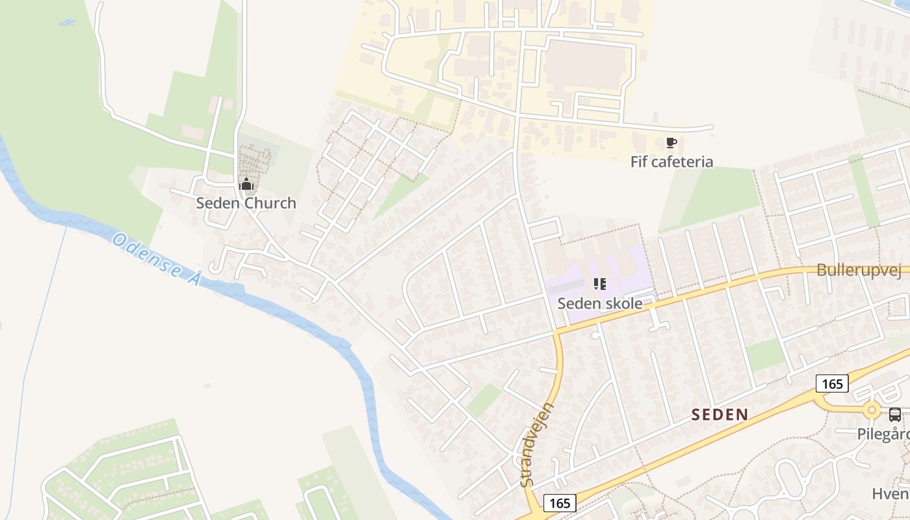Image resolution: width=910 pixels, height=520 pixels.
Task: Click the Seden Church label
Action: tap(246, 203)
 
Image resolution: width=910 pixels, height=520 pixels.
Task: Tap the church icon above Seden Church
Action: tap(246, 185)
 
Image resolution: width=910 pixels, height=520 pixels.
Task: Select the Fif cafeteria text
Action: tap(671, 161)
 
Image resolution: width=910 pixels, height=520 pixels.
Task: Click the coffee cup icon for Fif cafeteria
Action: tap(671, 143)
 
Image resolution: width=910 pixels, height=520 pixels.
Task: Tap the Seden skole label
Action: tap(599, 303)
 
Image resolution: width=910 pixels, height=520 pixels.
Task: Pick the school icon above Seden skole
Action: tap(599, 284)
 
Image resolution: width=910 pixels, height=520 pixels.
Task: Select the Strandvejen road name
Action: tap(537, 445)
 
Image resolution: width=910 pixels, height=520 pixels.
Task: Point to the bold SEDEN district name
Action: tap(720, 414)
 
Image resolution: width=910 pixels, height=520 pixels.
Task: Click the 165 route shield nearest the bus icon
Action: tap(832, 383)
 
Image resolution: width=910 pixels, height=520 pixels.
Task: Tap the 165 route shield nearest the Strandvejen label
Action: tap(559, 502)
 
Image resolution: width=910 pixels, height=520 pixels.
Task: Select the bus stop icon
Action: tap(895, 414)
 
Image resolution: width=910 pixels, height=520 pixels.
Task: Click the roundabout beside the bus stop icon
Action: tap(872, 410)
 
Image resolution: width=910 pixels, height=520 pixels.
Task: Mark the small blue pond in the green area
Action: tap(66, 23)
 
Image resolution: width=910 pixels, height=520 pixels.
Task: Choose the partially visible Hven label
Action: tap(890, 493)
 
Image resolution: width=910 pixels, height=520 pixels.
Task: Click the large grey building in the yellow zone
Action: tap(585, 65)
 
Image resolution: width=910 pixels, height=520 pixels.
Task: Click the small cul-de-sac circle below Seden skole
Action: tap(595, 335)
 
